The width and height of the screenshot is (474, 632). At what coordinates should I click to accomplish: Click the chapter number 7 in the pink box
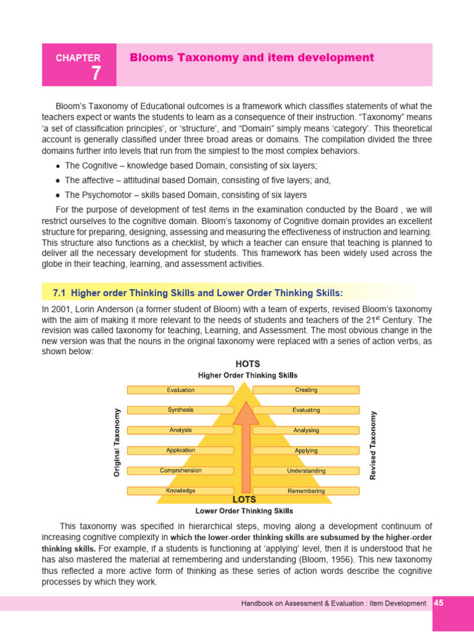[96, 73]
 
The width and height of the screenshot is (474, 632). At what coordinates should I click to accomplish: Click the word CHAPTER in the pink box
[78, 58]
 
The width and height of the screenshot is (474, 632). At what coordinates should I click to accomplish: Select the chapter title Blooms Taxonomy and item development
[252, 57]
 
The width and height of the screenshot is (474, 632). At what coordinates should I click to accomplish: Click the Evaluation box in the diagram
[180, 390]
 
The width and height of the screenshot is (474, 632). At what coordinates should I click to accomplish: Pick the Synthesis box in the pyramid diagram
[180, 410]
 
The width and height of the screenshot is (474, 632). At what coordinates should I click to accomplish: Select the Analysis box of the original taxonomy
[180, 430]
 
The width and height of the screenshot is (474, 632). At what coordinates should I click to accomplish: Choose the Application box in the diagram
[180, 451]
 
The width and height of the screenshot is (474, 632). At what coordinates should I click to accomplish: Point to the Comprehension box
[180, 470]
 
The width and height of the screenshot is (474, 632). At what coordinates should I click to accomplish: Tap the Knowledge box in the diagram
[180, 491]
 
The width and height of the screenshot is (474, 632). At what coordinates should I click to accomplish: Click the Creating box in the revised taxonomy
[306, 390]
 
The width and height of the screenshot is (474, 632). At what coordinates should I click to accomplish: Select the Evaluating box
[306, 410]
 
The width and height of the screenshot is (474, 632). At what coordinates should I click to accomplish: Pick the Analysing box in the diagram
[306, 430]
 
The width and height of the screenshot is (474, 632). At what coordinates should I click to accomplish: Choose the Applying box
[306, 451]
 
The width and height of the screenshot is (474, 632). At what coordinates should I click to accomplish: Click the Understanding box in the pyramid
[306, 471]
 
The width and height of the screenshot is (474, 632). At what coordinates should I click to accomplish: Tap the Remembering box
[306, 491]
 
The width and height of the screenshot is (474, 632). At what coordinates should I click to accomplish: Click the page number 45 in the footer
[439, 603]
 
